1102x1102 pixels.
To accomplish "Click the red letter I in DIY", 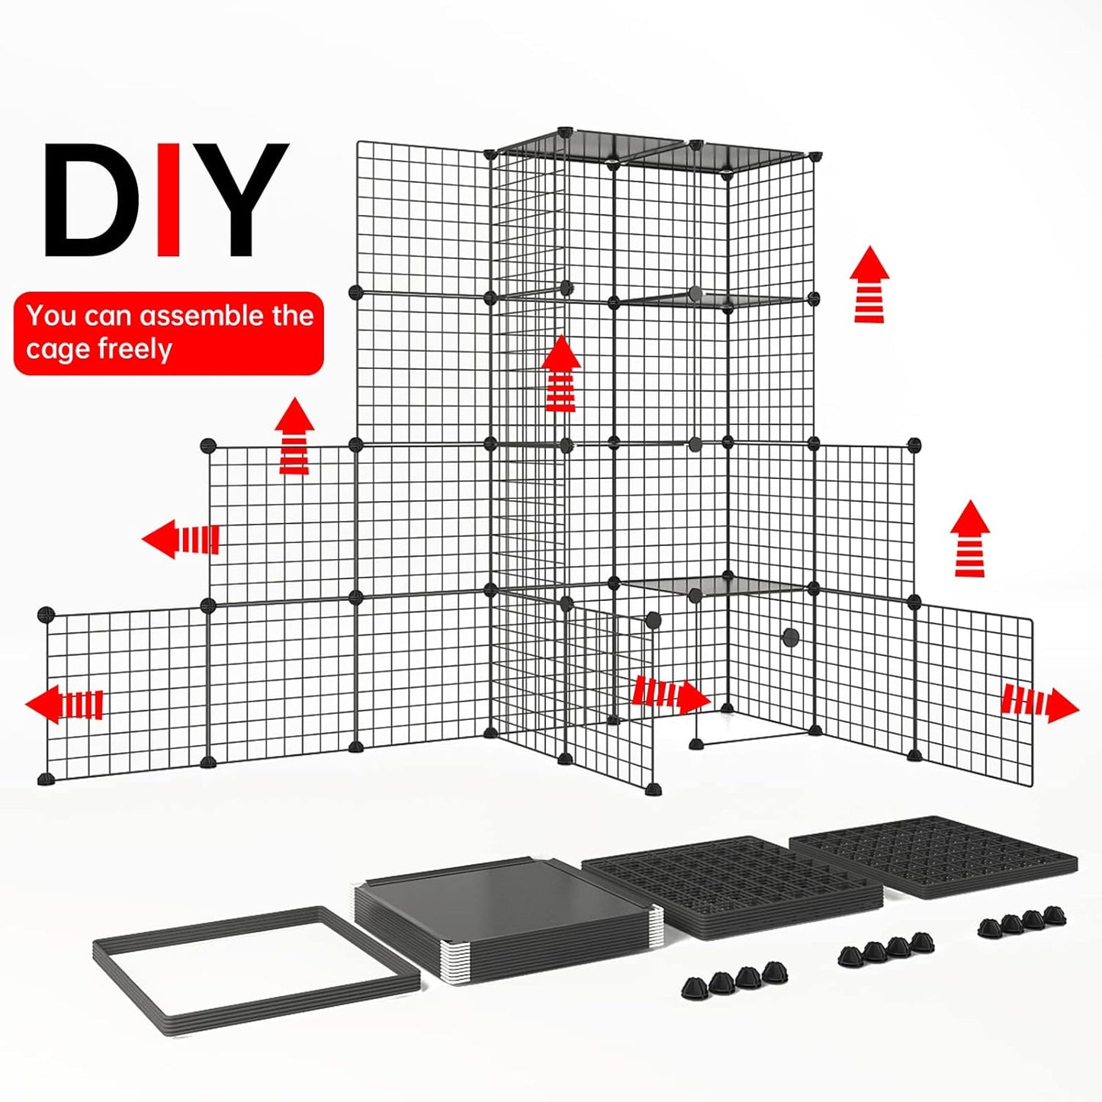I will tap(169, 200).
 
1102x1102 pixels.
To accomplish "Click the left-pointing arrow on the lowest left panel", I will tap(64, 703).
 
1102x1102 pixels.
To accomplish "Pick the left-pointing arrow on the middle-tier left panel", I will tap(181, 539).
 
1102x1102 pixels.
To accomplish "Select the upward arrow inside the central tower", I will tap(561, 374).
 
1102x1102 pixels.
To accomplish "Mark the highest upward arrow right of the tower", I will tap(869, 284).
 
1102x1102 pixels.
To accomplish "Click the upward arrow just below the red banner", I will tap(294, 436).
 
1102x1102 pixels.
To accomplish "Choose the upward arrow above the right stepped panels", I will tap(970, 538).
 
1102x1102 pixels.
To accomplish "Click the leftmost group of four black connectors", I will tap(734, 978).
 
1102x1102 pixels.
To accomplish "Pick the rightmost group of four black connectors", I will tap(1023, 921).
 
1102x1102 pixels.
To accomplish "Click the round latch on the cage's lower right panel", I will tap(791, 637).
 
